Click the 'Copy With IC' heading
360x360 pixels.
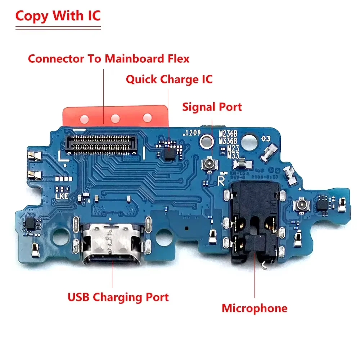click(58, 16)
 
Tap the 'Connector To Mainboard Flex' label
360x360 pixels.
click(108, 58)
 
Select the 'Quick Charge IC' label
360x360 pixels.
click(169, 79)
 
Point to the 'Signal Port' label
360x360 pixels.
click(212, 107)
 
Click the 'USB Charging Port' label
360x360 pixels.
click(118, 297)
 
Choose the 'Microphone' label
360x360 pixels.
click(254, 308)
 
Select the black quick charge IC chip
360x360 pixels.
click(170, 153)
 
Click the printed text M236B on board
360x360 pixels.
click(228, 134)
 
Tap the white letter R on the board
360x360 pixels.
click(221, 178)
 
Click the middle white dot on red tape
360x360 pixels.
click(115, 117)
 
